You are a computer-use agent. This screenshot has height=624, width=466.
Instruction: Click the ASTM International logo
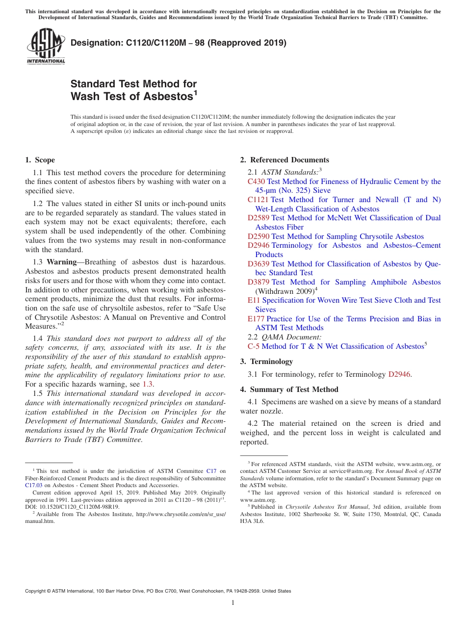(x=46, y=46)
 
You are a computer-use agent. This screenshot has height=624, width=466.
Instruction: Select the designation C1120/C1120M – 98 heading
(x=179, y=43)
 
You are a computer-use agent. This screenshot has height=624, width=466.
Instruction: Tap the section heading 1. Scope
(x=40, y=160)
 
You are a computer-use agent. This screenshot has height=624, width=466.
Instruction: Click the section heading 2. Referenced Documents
(x=285, y=160)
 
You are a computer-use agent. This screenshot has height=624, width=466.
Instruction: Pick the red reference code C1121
(x=258, y=200)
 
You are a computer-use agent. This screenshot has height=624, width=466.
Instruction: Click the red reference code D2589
(x=259, y=218)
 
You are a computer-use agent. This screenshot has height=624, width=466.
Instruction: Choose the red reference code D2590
(x=259, y=236)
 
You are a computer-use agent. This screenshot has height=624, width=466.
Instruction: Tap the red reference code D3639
(x=259, y=264)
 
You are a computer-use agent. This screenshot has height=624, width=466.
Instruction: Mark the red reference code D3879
(x=259, y=282)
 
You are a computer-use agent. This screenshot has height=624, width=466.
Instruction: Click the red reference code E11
(x=254, y=300)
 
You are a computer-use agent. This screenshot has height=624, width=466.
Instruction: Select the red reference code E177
(x=256, y=319)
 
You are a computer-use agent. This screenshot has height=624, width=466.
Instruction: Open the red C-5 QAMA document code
(x=254, y=346)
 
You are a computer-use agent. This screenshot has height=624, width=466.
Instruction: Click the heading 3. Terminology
(x=266, y=362)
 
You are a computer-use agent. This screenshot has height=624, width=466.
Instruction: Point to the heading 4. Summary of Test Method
(x=289, y=390)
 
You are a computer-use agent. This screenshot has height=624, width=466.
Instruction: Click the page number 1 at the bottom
(x=233, y=602)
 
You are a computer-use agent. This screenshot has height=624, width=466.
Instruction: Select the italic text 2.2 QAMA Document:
(x=285, y=337)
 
